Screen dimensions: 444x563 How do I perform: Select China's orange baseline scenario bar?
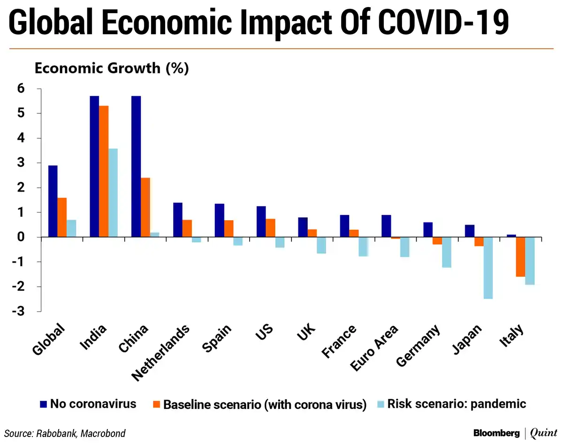click(145, 207)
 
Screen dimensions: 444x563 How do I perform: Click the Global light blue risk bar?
click(71, 229)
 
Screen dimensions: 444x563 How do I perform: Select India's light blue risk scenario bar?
click(113, 193)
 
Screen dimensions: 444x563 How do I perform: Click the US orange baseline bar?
click(271, 228)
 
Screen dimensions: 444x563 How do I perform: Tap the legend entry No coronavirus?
click(93, 404)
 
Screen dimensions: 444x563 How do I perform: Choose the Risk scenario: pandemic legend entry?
click(456, 404)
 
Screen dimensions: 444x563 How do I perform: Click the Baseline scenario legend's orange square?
click(157, 404)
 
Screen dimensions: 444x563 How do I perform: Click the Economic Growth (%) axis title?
click(112, 68)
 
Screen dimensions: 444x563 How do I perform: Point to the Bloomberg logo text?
click(496, 433)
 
